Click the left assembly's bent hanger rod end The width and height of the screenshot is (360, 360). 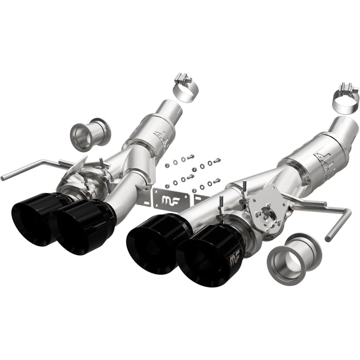tap(4, 177)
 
